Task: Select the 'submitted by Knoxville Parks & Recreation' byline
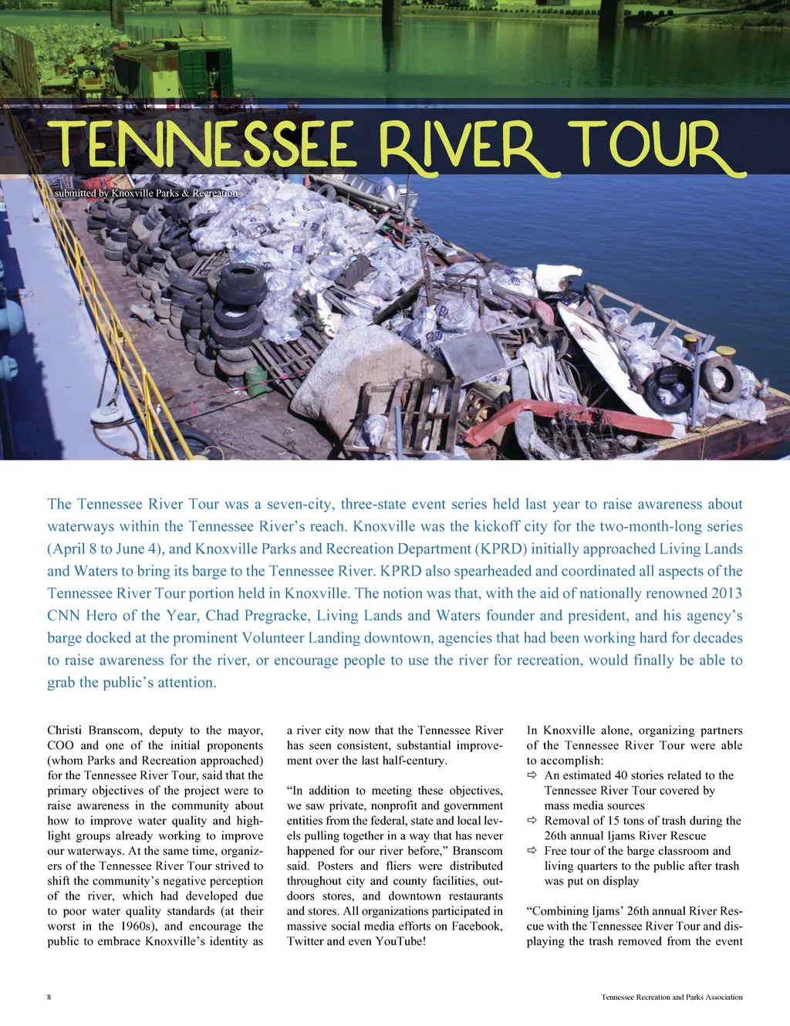[146, 193]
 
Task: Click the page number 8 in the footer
[49, 997]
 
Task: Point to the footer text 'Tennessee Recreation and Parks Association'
[671, 997]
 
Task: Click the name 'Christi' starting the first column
[65, 731]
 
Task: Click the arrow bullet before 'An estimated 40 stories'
[532, 775]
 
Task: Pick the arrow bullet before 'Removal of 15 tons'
[532, 821]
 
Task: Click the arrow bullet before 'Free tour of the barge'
[532, 851]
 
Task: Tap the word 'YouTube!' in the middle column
[400, 941]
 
